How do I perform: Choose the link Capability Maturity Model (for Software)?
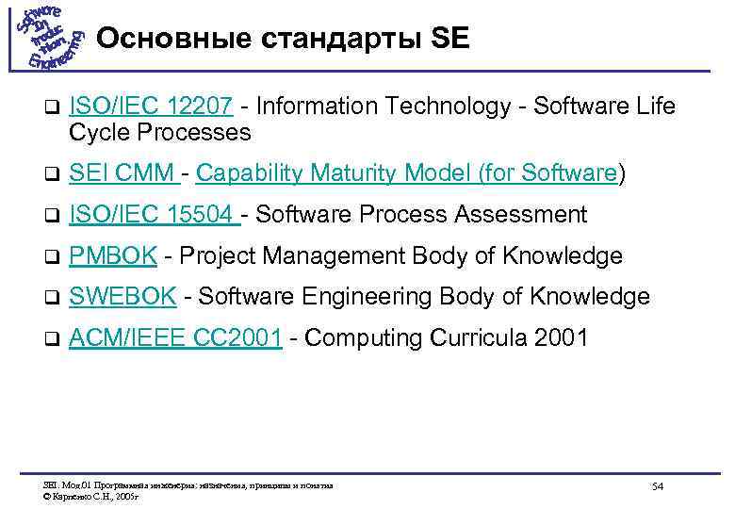click(408, 173)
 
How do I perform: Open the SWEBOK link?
click(122, 297)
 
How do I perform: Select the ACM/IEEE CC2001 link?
click(175, 337)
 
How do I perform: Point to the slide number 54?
click(658, 486)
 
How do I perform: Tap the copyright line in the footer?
click(90, 493)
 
